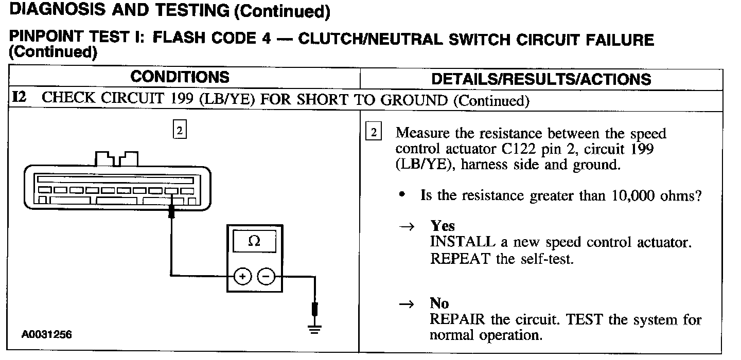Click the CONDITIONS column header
click(180, 77)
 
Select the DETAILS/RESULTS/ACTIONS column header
click(541, 79)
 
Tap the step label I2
click(19, 98)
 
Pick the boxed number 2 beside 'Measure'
click(373, 132)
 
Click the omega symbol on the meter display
click(254, 241)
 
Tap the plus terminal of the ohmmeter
click(242, 277)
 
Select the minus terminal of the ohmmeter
click(266, 277)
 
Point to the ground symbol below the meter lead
click(315, 329)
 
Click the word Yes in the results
click(443, 226)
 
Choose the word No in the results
click(439, 303)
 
